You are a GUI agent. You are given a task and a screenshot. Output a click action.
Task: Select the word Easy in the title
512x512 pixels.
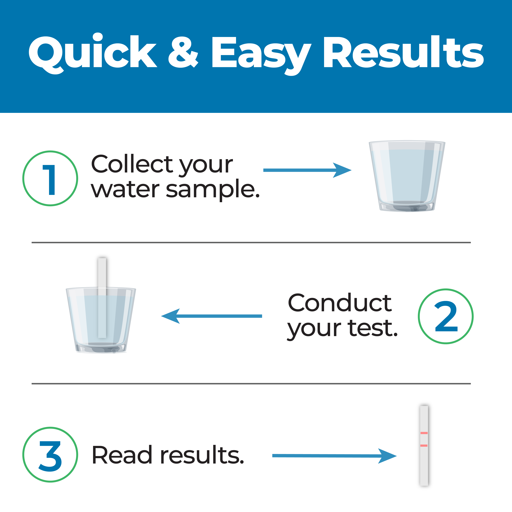point(261,53)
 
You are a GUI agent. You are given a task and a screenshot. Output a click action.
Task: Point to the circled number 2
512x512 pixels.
point(446,316)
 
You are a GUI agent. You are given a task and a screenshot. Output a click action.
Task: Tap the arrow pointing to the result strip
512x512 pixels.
point(334,456)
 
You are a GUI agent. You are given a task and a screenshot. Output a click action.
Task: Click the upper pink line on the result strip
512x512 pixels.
point(424,433)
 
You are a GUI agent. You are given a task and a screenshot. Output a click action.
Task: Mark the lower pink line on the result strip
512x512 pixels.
point(424,445)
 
